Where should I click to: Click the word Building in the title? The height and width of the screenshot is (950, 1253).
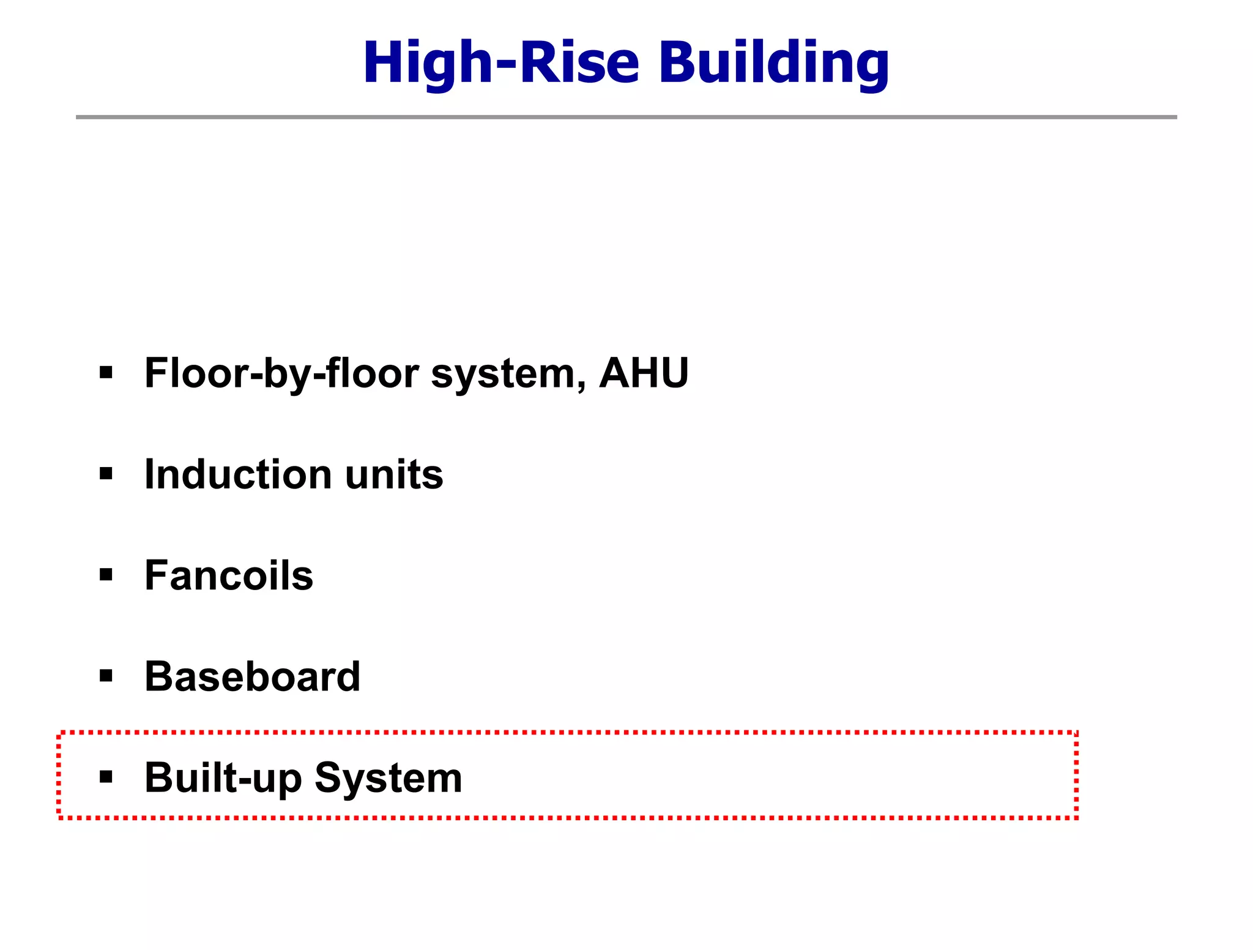coord(773,62)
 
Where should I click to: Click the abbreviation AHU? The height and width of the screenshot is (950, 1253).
coord(644,373)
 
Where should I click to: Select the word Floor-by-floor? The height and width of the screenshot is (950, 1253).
coord(282,373)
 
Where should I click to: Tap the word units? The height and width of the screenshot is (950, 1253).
coord(394,474)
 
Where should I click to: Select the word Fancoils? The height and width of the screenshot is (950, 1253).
coord(229,575)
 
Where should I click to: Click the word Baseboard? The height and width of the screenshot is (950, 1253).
coord(252,676)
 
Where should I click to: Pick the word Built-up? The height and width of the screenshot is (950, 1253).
coord(223,779)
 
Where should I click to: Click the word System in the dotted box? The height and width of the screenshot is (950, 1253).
coord(389,779)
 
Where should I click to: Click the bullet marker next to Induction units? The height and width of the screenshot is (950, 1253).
coord(106,474)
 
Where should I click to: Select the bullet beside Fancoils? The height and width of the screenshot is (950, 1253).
coord(106,575)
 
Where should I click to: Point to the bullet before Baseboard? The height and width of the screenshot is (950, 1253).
coord(106,676)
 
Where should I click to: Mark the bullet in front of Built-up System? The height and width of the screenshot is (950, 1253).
coord(106,777)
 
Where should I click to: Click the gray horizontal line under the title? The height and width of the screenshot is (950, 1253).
coord(626,117)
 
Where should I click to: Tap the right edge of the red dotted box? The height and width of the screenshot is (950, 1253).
coord(1076,775)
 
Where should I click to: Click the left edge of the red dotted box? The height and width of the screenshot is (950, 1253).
coord(59,775)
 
